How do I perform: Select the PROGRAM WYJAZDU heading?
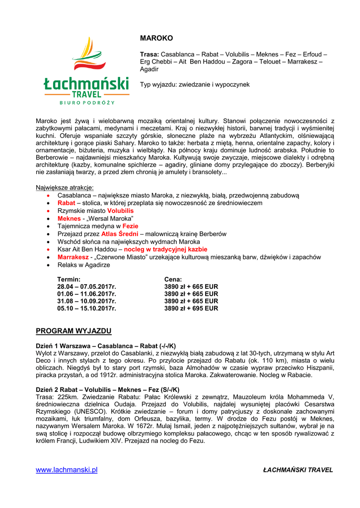(73, 331)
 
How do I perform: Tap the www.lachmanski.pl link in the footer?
(67, 470)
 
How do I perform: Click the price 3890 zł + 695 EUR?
(191, 308)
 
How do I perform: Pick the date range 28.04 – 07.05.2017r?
(86, 287)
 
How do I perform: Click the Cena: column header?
(173, 279)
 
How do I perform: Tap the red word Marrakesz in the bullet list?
(73, 257)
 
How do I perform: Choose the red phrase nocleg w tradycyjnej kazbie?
(165, 250)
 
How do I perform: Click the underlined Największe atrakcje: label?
(65, 188)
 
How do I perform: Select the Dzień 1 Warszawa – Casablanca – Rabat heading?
(106, 345)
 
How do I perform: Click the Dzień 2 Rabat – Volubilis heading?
(108, 389)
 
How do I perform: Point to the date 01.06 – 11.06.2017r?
(86, 294)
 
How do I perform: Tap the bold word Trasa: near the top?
(149, 54)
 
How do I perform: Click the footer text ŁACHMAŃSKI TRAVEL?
(298, 470)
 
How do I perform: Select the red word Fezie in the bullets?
(130, 226)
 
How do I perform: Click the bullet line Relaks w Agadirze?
(83, 265)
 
